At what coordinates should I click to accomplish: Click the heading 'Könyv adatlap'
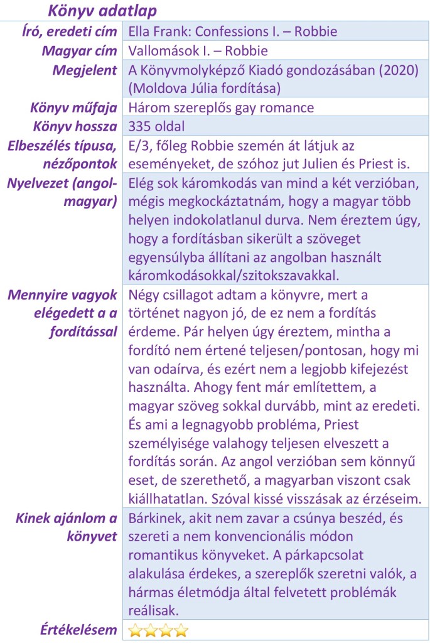103,11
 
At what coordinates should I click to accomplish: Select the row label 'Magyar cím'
80,51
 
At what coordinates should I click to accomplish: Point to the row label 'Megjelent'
85,70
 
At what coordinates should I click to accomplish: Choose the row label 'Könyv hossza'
75,127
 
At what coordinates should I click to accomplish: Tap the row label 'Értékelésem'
77,630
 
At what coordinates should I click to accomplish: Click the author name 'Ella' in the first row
140,31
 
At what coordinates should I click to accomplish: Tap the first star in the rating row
135,630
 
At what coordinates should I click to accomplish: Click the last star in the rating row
181,630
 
